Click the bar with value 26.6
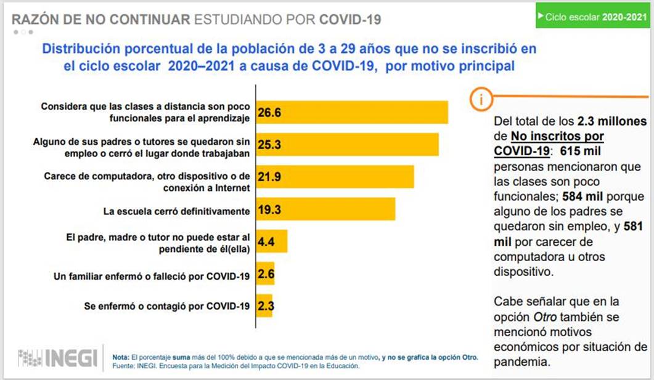[x=352, y=112]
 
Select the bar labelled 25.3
[x=347, y=144]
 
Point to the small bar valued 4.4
[x=272, y=242]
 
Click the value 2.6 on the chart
[x=266, y=274]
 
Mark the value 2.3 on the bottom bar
[x=266, y=305]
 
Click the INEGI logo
[x=57, y=358]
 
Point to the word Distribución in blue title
[x=79, y=49]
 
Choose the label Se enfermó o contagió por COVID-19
[x=166, y=305]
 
